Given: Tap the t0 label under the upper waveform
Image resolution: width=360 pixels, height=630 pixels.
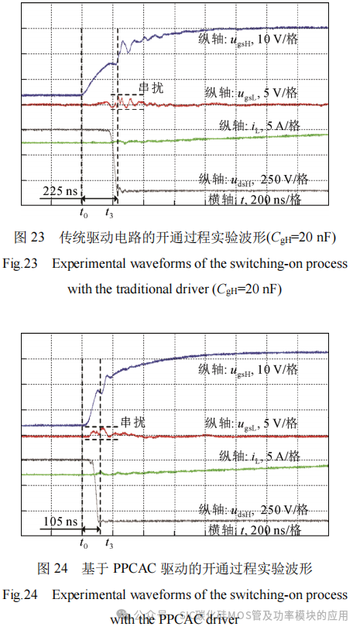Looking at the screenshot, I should [x=83, y=211].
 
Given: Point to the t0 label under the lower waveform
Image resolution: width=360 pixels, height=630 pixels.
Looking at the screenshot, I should [x=84, y=544].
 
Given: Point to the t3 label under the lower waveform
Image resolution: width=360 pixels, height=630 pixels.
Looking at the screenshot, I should [x=108, y=544].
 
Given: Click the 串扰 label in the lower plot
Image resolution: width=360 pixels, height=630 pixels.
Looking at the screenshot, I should [x=132, y=423].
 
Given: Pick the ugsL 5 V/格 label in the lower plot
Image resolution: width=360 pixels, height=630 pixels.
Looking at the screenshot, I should [x=252, y=423].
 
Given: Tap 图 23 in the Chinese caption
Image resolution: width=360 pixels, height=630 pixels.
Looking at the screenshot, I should [x=32, y=236].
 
